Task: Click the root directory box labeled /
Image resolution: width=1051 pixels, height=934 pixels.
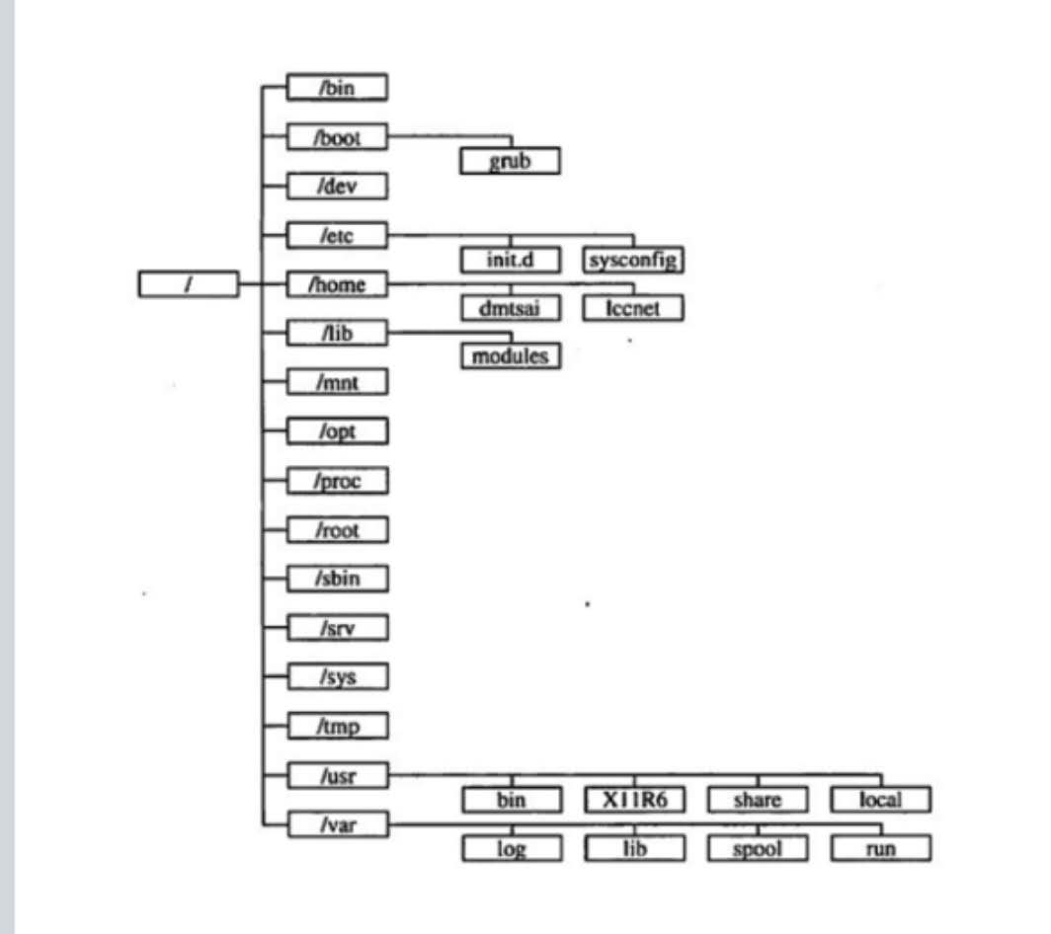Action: click(x=189, y=284)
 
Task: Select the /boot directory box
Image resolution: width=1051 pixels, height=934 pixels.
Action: click(x=337, y=136)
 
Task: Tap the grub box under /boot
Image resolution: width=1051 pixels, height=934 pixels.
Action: click(x=510, y=161)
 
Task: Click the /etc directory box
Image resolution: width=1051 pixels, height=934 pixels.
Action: click(x=337, y=235)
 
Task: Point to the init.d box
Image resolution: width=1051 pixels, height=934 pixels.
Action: click(x=511, y=260)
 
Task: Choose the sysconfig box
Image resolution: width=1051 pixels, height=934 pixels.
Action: click(x=633, y=260)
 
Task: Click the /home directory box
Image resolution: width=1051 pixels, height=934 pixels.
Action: click(x=337, y=284)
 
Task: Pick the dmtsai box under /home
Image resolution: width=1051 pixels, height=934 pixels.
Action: click(x=511, y=308)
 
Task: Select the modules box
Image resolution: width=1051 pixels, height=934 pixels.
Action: click(x=511, y=355)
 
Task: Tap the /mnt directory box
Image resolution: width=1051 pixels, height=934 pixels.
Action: click(x=338, y=382)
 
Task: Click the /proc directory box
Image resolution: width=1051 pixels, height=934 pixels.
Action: click(x=338, y=481)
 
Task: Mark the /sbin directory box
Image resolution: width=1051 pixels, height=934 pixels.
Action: click(x=338, y=579)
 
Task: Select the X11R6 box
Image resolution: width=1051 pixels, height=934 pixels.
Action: click(x=635, y=800)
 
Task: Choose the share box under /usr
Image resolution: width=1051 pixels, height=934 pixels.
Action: click(x=758, y=800)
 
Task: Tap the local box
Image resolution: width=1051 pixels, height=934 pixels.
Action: click(x=881, y=800)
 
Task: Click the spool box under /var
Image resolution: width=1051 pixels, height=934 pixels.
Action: click(x=758, y=848)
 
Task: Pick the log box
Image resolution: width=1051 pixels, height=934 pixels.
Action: click(x=512, y=848)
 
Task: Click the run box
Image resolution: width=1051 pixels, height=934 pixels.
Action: click(x=881, y=848)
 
